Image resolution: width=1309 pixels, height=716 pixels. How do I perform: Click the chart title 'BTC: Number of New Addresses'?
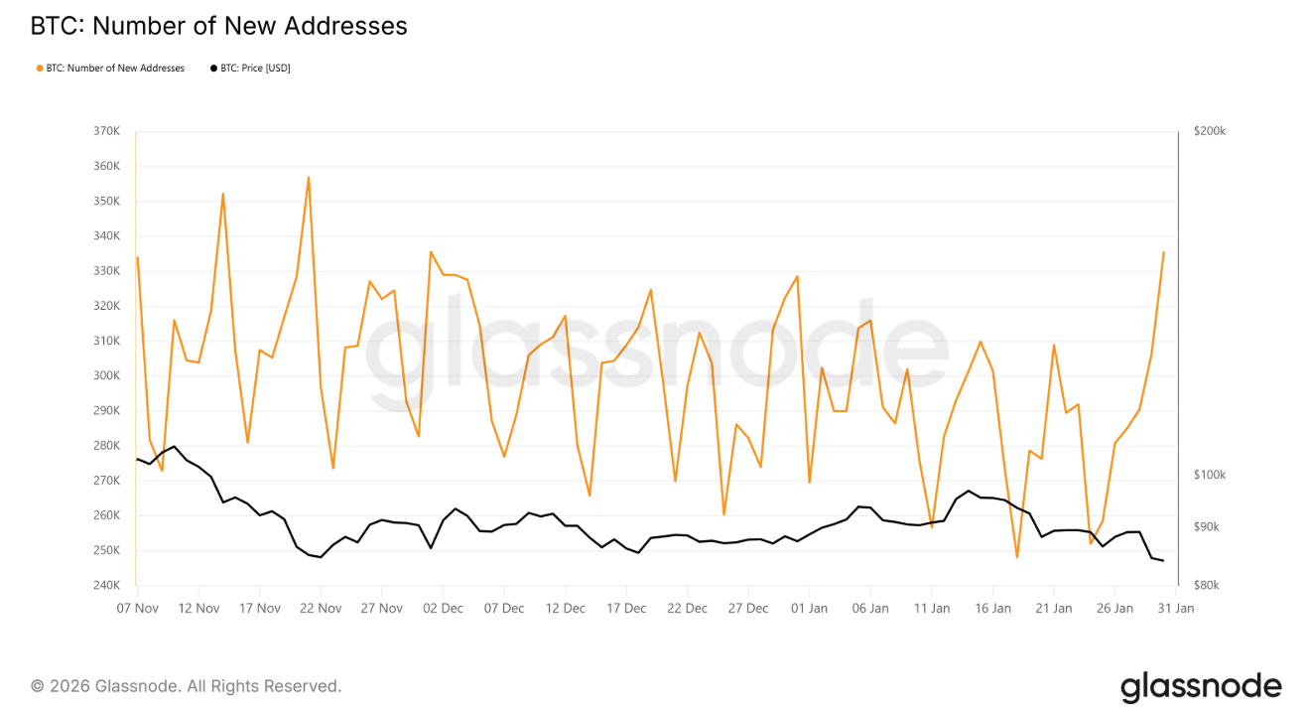pyautogui.click(x=218, y=27)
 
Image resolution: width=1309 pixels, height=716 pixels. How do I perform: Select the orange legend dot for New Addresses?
pyautogui.click(x=40, y=69)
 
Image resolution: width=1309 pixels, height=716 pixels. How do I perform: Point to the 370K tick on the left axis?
pyautogui.click(x=106, y=131)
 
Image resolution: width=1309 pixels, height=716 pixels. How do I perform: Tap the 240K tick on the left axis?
pyautogui.click(x=106, y=586)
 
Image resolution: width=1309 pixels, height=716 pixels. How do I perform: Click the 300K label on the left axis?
pyautogui.click(x=106, y=375)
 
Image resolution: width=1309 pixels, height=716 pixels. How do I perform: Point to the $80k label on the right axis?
pyautogui.click(x=1206, y=586)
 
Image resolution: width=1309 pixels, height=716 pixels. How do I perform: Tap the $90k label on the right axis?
pyautogui.click(x=1206, y=527)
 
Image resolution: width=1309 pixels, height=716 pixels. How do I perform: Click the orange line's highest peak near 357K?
pyautogui.click(x=309, y=178)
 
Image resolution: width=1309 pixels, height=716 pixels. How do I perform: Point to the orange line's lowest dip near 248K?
pyautogui.click(x=1017, y=557)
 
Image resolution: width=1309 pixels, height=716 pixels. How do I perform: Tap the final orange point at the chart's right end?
pyautogui.click(x=1163, y=252)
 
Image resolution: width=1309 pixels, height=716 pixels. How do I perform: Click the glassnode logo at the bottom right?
pyautogui.click(x=1201, y=686)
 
